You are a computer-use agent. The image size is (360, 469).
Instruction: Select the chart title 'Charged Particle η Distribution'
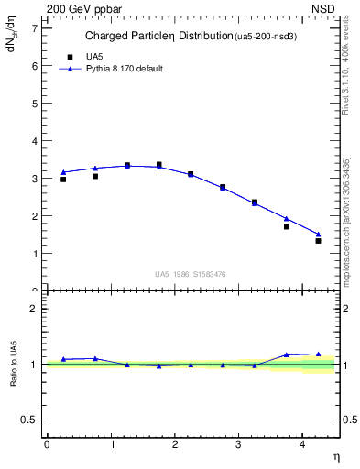click(x=159, y=37)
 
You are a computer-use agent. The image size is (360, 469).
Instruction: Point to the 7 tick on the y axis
click(x=35, y=28)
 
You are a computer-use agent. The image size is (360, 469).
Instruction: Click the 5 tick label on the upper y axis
click(x=35, y=104)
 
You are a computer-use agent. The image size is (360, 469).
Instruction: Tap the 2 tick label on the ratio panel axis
click(x=35, y=309)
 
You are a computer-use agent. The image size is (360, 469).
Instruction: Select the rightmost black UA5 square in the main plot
click(x=318, y=241)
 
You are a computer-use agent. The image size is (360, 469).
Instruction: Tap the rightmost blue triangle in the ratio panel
click(x=318, y=354)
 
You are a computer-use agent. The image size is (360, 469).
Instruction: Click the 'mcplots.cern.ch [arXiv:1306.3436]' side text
click(x=346, y=220)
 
